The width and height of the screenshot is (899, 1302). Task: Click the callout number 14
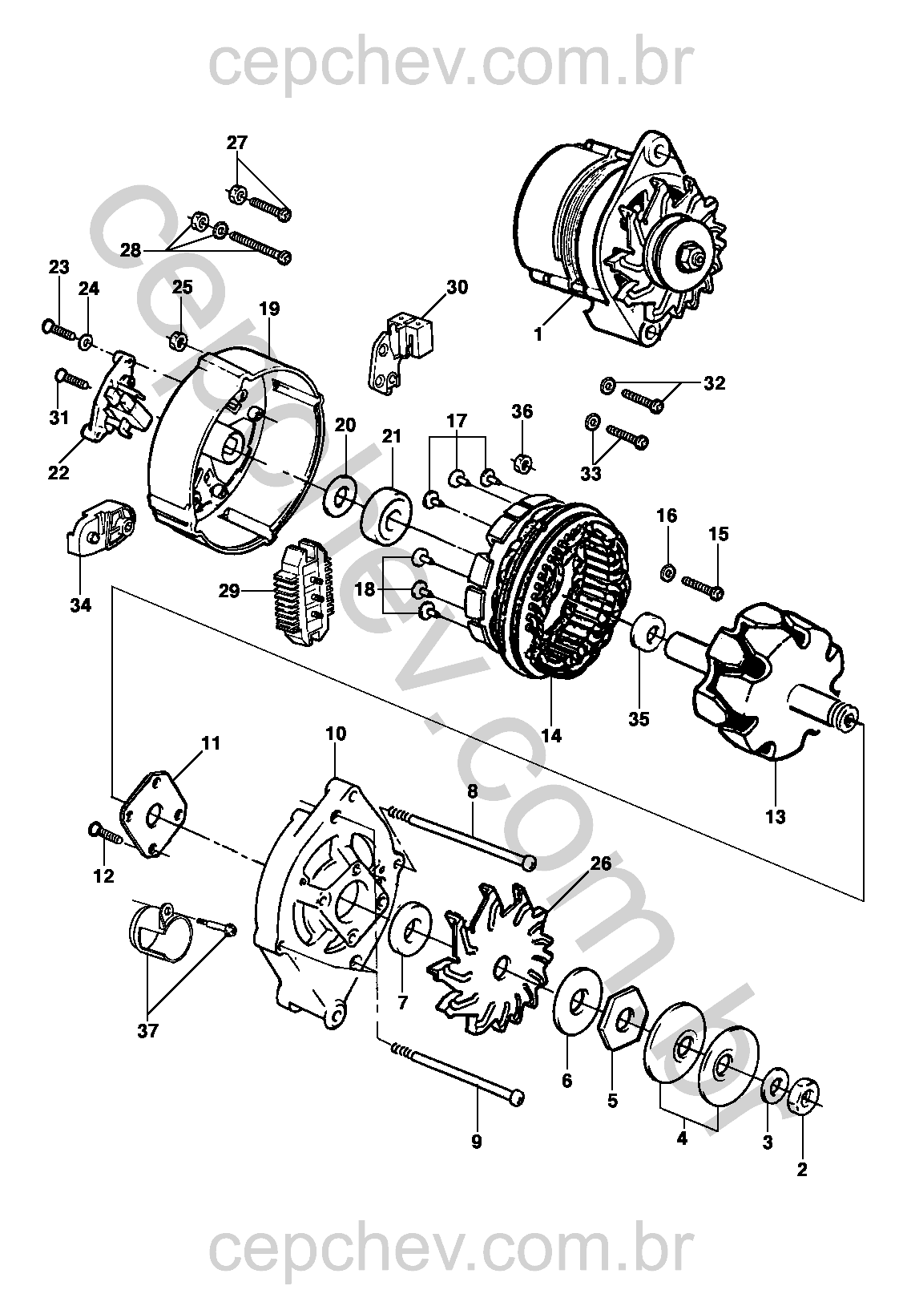click(x=551, y=736)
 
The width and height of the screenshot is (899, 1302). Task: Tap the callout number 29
click(x=229, y=591)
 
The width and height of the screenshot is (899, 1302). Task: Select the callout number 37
click(x=148, y=1031)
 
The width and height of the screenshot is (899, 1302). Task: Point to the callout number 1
click(x=538, y=335)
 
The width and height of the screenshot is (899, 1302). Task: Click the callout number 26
click(x=601, y=863)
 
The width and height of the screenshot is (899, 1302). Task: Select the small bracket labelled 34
click(x=98, y=528)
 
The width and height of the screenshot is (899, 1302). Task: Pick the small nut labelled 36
click(x=522, y=463)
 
